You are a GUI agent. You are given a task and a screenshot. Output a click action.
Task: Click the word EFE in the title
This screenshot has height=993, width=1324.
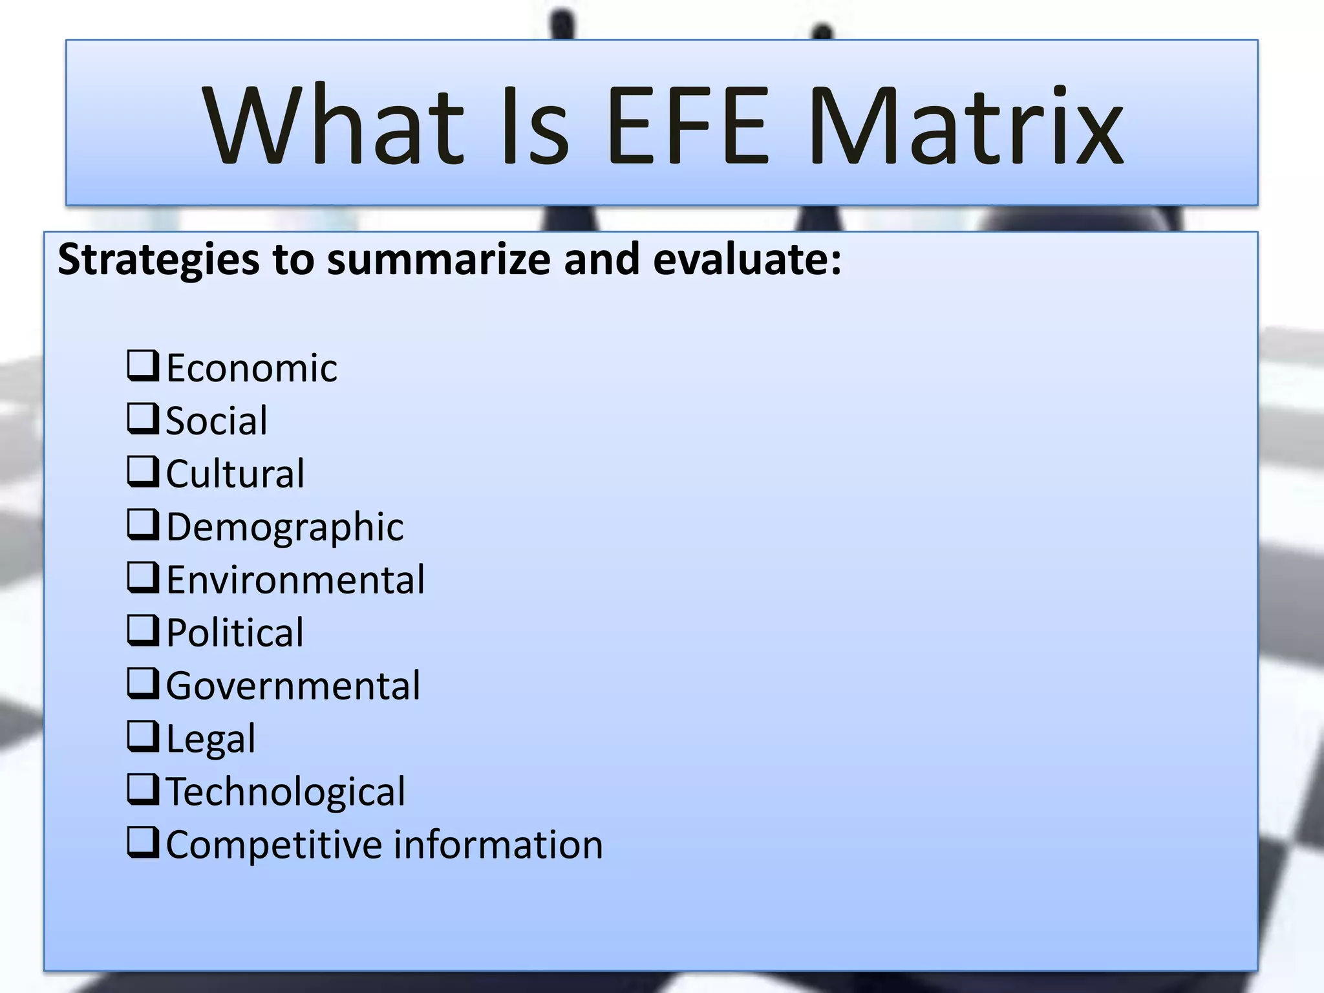coord(688,126)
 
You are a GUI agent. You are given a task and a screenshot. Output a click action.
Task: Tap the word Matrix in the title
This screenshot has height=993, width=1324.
coord(966,126)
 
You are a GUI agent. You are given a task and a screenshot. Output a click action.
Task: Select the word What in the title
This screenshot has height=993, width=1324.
coord(334,126)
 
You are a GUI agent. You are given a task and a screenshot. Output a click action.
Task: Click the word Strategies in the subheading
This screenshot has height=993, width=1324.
coord(159,260)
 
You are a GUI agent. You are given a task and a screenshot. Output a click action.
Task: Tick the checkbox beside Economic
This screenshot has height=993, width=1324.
coord(143,366)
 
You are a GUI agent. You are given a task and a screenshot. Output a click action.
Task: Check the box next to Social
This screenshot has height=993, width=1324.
coord(143,419)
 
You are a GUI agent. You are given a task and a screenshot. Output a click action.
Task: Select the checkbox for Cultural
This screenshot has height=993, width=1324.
coord(143,472)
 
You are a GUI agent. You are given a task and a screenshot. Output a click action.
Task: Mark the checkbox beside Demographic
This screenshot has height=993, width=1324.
coord(143,525)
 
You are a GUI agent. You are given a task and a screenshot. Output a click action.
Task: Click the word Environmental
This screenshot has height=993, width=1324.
coord(295,579)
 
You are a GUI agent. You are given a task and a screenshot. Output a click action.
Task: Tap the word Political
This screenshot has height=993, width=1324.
coord(235,632)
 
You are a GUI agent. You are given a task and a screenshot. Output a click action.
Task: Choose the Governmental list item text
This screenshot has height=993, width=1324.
coord(293,685)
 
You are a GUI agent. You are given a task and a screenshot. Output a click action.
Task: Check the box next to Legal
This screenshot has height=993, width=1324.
coord(143,737)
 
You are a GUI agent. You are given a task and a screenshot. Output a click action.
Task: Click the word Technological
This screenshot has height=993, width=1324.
coord(286,791)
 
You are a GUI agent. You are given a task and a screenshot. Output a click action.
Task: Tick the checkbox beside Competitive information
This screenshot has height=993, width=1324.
coord(143,843)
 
